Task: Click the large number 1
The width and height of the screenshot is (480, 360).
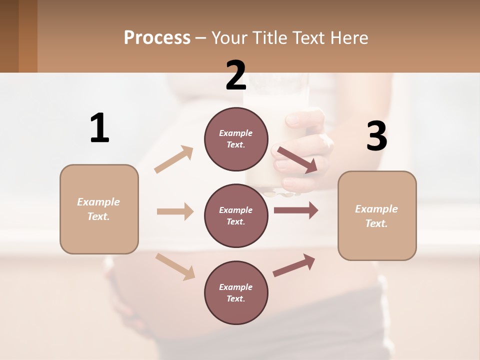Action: pos(99,128)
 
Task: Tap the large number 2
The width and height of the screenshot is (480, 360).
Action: pos(236,75)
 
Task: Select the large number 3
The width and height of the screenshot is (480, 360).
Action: pos(377,136)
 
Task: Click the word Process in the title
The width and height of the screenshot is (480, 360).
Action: pos(157,37)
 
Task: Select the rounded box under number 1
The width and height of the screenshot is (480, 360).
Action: pos(99,209)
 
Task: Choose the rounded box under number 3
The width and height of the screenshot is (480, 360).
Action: pos(377,215)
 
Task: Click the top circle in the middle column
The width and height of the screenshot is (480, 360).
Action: pos(236,138)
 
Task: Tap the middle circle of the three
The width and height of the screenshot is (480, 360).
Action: pos(236,215)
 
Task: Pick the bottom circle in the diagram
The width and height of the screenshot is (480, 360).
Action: pos(236,292)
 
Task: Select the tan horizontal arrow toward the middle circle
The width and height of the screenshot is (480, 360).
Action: pos(175,211)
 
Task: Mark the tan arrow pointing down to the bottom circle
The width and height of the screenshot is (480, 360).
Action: pos(175,266)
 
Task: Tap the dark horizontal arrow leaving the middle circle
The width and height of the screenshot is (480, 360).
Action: pos(295,210)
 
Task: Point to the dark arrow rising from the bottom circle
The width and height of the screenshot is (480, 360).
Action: pos(294,265)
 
